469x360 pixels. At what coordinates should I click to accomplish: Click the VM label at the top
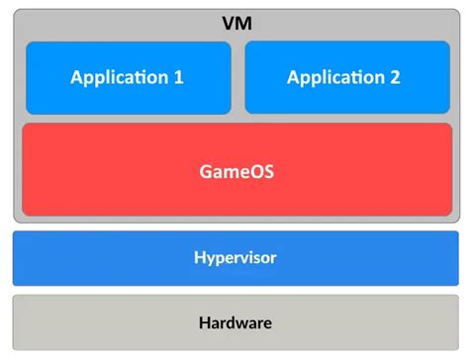(x=234, y=21)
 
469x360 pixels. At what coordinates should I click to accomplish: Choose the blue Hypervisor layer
(x=234, y=258)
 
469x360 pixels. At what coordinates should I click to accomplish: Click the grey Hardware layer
(x=234, y=322)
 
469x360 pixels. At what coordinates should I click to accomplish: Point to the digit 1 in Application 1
(x=178, y=77)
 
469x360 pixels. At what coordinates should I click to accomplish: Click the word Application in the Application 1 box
(x=119, y=78)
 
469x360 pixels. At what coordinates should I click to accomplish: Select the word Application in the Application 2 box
(x=334, y=78)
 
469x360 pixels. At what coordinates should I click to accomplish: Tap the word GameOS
(x=234, y=170)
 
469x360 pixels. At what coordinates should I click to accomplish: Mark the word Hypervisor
(x=234, y=259)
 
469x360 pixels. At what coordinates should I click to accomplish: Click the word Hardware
(x=234, y=322)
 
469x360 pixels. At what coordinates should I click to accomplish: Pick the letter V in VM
(x=227, y=21)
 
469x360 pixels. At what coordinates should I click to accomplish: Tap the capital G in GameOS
(x=204, y=170)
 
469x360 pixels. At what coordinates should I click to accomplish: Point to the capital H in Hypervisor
(x=199, y=258)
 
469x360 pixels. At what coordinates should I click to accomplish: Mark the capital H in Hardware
(x=204, y=322)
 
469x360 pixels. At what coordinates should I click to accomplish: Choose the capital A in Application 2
(x=294, y=77)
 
